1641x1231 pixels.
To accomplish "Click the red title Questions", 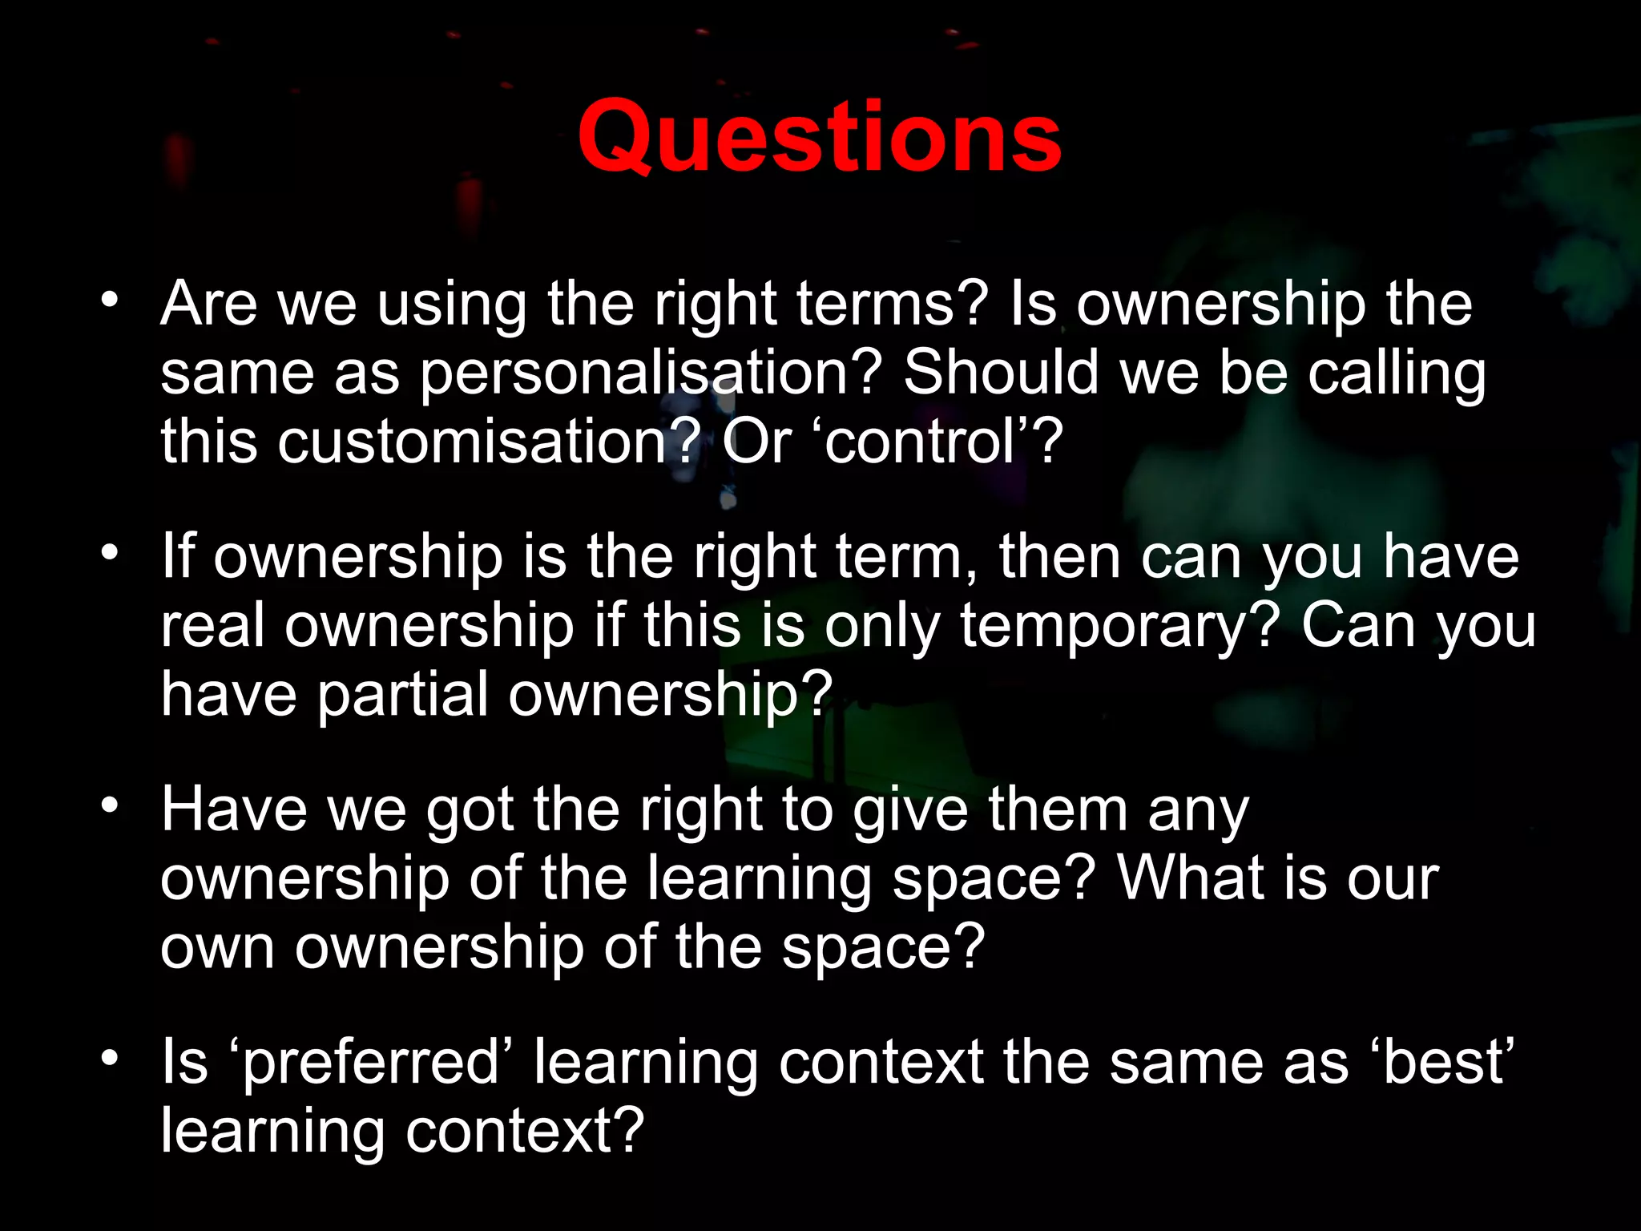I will coord(819,138).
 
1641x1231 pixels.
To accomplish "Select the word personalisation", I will coord(650,373).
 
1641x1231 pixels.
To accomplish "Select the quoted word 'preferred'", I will coord(371,1063).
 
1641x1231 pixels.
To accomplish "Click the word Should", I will coord(1001,373).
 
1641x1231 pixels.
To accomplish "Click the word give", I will coord(910,811).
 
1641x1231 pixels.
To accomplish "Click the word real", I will coord(212,626).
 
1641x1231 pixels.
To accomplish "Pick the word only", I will coord(881,628).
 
